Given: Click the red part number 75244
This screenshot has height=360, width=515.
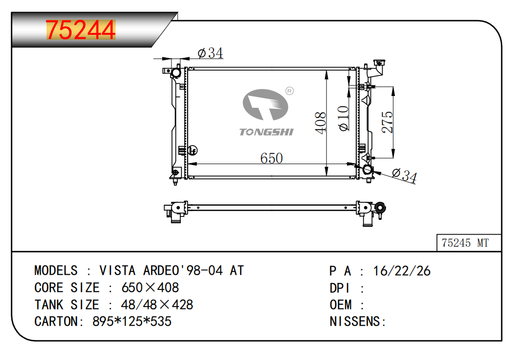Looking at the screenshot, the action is [81, 30].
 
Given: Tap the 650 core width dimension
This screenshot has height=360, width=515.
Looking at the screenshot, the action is [271, 158].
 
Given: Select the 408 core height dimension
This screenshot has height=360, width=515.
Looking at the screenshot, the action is [321, 122].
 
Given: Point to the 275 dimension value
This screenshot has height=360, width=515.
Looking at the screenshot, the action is [387, 122].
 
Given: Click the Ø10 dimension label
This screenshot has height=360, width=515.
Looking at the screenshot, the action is [343, 119].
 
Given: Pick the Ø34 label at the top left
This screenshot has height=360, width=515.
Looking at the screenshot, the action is [210, 53].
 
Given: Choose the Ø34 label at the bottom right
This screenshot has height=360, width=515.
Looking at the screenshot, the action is [405, 175].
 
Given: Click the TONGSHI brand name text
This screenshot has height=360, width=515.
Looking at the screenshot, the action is [267, 132].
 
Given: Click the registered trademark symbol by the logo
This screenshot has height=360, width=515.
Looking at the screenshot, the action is [290, 91].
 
